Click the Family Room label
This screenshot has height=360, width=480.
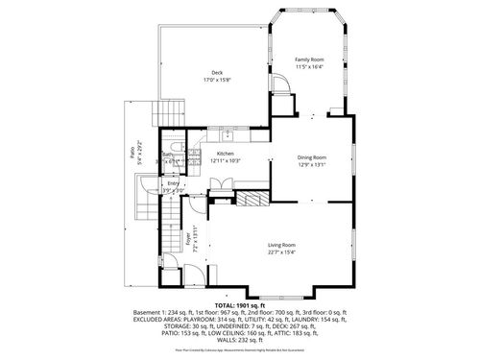point(308,60)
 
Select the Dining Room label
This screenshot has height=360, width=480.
point(312,157)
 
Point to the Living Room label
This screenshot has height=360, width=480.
point(280,246)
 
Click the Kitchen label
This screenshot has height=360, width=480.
point(225,154)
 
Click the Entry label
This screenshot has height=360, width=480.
point(173,183)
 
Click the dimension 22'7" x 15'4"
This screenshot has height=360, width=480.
point(280,253)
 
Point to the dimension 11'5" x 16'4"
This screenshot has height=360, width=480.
point(308,67)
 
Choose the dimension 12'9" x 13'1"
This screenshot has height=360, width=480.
point(312,165)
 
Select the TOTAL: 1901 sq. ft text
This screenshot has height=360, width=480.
point(240,305)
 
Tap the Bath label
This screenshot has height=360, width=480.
point(167,155)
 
